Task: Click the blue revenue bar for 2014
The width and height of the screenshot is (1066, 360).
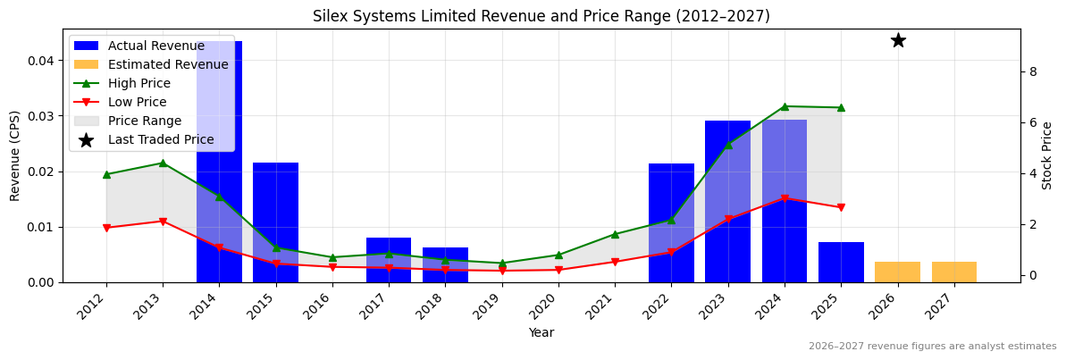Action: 219,161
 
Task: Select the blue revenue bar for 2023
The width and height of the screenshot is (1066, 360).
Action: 727,201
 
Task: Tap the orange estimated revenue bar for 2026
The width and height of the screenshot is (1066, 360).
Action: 897,272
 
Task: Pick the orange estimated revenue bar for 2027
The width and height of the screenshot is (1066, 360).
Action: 953,272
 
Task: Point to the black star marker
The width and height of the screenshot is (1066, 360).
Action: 898,40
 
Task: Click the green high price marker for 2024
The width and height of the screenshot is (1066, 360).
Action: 785,106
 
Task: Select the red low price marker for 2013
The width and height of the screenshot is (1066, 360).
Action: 163,222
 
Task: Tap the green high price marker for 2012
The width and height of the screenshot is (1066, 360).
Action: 106,174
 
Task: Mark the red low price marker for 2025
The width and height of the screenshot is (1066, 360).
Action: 841,208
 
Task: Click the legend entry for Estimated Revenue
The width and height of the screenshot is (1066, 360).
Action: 168,64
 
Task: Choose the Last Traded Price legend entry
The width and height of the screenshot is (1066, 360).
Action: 161,139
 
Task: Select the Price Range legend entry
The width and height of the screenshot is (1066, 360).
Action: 144,121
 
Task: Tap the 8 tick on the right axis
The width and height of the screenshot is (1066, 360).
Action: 1032,71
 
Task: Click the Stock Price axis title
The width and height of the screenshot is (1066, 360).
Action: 1047,155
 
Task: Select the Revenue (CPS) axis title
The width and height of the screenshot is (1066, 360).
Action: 15,155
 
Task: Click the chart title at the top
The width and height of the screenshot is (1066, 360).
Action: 541,16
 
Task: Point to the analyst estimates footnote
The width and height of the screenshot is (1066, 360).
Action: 932,347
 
